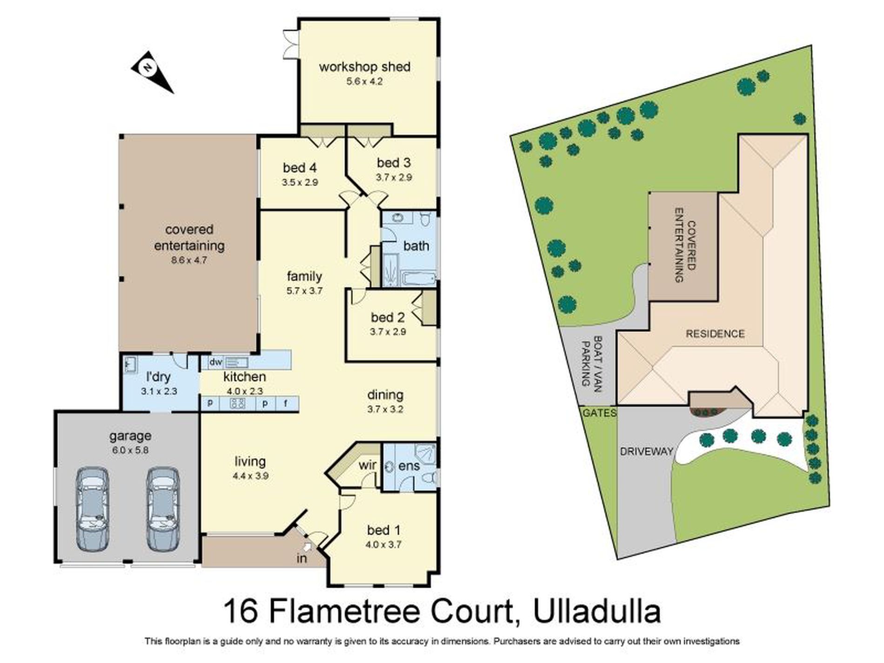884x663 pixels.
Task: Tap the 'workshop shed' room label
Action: [x=364, y=67]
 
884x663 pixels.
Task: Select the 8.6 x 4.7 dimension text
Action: [x=189, y=261]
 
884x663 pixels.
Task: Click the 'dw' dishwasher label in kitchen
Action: [x=215, y=362]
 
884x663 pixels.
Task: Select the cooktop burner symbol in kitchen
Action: [x=238, y=403]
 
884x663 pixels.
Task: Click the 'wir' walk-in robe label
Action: [x=368, y=465]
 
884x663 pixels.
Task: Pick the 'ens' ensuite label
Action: [x=409, y=466]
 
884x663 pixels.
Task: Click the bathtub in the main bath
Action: [x=418, y=279]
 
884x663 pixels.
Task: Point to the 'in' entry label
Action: [x=302, y=558]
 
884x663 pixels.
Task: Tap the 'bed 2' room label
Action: [x=388, y=318]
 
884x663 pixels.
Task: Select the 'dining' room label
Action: [x=385, y=395]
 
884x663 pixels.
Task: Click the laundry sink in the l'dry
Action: [x=130, y=363]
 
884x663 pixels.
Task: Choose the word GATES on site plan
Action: [x=599, y=413]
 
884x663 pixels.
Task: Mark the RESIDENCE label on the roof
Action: [x=715, y=334]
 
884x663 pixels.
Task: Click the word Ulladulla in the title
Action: [x=597, y=611]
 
